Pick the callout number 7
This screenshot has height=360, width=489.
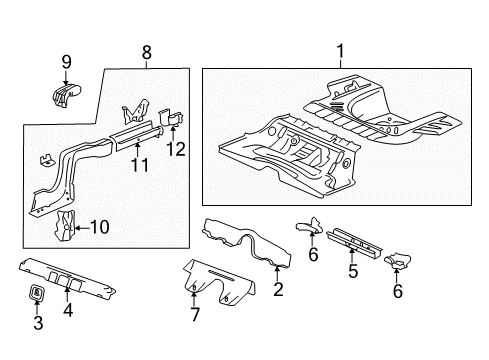(195, 315)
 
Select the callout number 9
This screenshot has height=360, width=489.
(67, 62)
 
